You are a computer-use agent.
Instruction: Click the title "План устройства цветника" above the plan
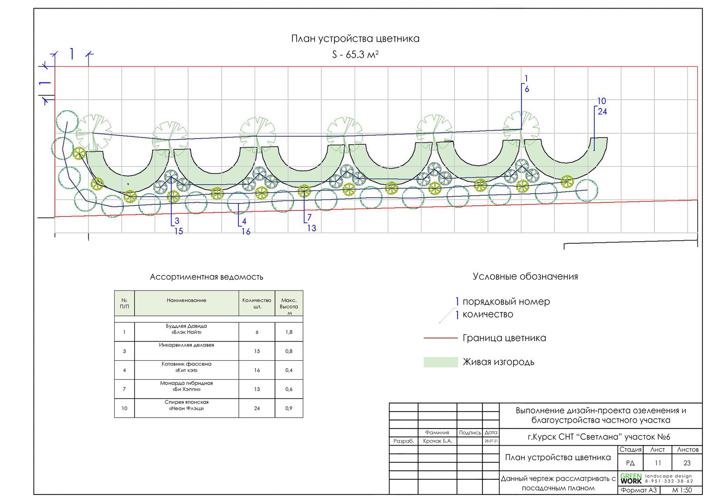point(355,39)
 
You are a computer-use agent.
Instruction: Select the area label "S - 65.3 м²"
point(355,55)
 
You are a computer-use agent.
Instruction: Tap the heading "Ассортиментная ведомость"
point(206,277)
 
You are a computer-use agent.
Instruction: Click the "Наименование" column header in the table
point(186,301)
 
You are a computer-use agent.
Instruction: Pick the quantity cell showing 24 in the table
point(257,408)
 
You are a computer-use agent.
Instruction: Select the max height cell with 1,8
point(289,332)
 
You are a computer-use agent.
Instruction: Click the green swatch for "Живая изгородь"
point(440,362)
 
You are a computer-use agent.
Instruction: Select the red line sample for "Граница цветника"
point(440,338)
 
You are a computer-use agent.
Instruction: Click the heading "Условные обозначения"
point(525,277)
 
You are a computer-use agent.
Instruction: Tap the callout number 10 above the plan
point(602,101)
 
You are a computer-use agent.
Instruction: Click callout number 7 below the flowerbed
point(309,218)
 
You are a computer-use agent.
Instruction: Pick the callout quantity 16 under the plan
point(246,232)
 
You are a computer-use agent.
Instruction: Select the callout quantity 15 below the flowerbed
point(178,231)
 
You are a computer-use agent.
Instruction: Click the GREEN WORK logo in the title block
point(631,478)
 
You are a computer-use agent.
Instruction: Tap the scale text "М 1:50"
point(682,490)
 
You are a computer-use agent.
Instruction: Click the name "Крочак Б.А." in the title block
point(438,441)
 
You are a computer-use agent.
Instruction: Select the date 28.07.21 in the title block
point(491,441)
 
